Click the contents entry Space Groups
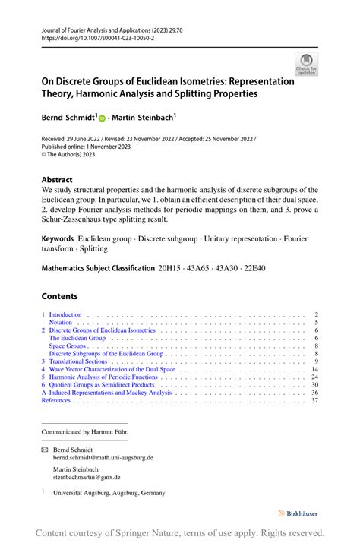click(x=68, y=346)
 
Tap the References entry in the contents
click(x=56, y=400)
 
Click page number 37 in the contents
click(x=314, y=400)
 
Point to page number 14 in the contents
click(x=314, y=370)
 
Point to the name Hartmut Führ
click(x=110, y=431)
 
